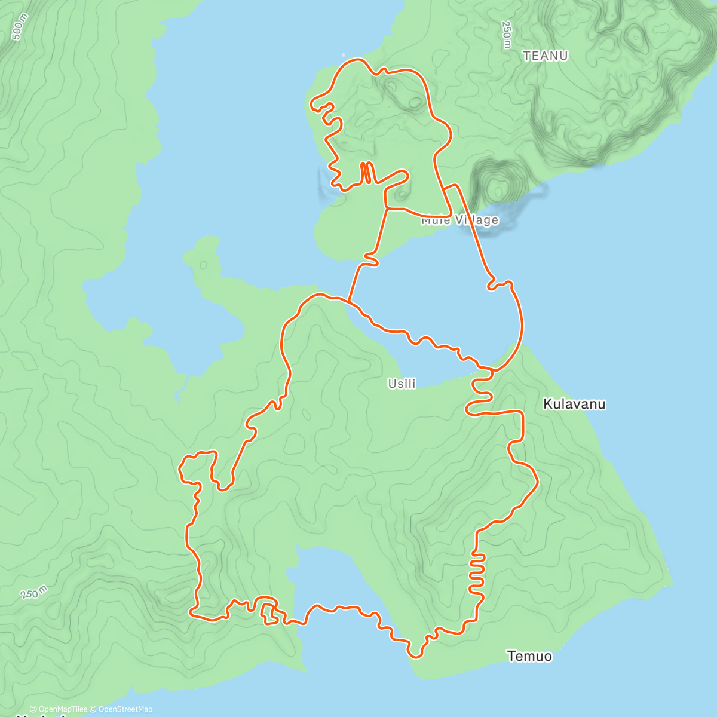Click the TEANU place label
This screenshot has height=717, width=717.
[545, 56]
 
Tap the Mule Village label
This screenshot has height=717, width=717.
[459, 220]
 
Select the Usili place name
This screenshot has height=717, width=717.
[402, 384]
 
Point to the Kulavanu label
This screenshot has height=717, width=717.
[574, 404]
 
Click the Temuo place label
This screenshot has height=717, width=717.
[529, 656]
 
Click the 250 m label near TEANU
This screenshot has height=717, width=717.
[506, 35]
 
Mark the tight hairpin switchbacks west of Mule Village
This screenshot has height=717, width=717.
[366, 172]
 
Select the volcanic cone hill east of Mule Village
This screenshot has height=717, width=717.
[497, 185]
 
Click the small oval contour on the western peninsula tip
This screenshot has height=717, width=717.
[203, 264]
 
